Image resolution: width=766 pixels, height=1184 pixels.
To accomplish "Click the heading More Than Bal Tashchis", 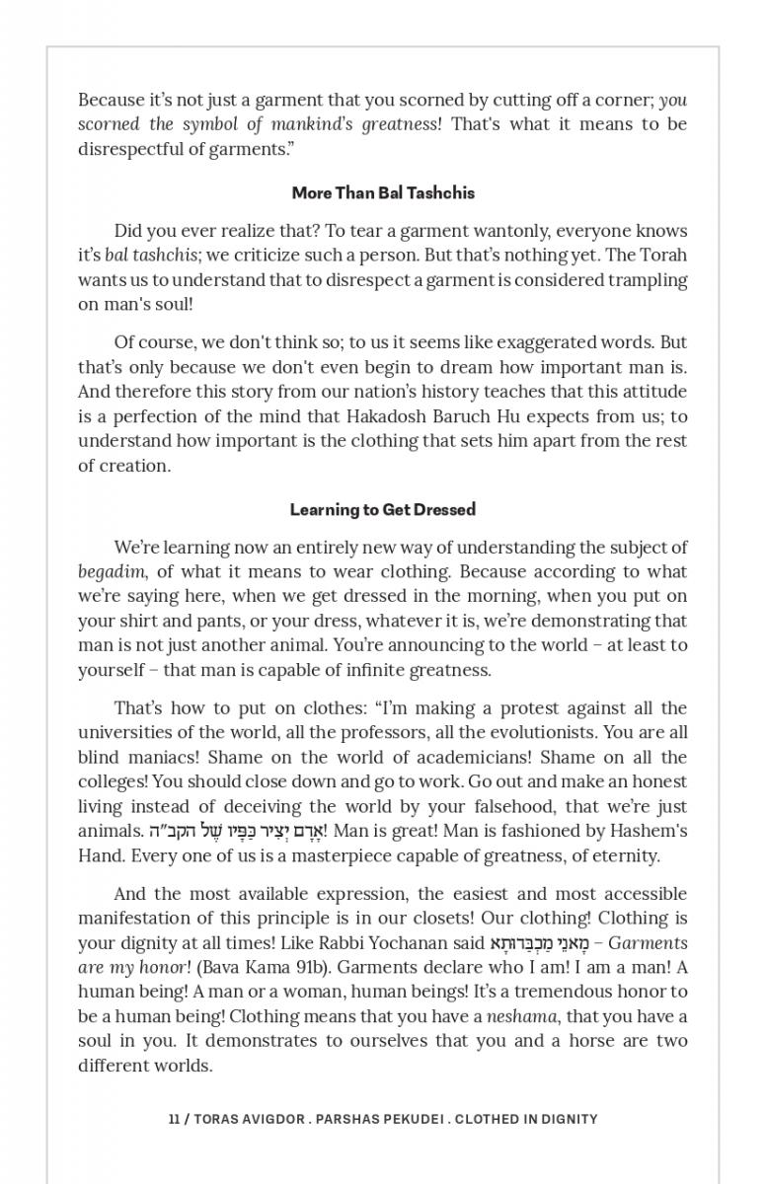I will point(383,193).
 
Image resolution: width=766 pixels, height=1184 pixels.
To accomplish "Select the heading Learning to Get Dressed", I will point(383,510).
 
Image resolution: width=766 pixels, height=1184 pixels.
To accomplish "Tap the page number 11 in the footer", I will point(174,1119).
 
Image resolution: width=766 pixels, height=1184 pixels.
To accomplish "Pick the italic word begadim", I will point(112,572).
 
